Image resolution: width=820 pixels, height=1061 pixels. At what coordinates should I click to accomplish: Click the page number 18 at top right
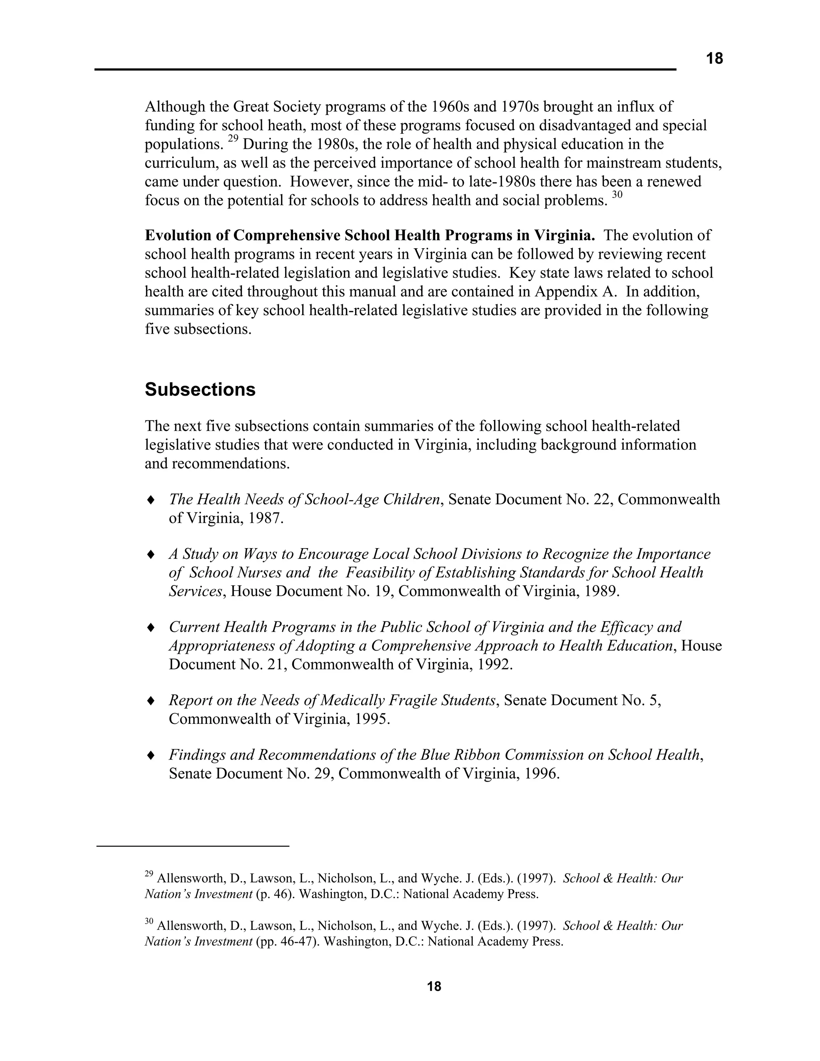coord(714,59)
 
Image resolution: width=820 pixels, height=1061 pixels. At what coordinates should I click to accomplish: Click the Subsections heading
coord(200,390)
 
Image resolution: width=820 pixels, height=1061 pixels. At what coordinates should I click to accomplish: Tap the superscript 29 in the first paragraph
coord(233,139)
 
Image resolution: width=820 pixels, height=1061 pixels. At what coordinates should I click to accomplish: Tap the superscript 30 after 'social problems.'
coord(617,195)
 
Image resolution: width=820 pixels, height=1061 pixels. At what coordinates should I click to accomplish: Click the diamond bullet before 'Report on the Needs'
coord(151,701)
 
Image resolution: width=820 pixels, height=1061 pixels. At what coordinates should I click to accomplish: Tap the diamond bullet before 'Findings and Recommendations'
coord(151,755)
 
